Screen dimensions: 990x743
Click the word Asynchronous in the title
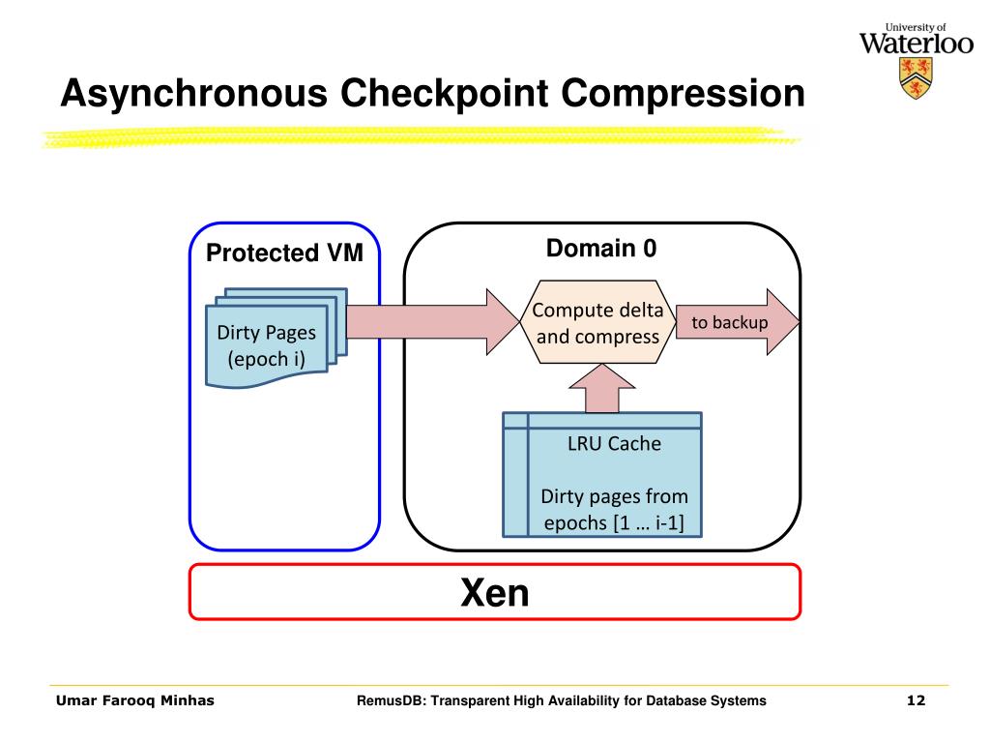(193, 94)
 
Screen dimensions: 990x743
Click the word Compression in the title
(683, 94)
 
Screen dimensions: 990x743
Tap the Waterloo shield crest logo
(916, 77)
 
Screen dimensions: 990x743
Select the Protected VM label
(284, 253)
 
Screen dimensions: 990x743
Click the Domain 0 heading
(601, 249)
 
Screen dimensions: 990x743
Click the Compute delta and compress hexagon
(597, 322)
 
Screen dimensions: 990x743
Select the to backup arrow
(738, 322)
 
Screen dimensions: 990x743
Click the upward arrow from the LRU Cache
(601, 388)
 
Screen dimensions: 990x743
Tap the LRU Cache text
(614, 443)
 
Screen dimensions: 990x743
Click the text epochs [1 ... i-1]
(614, 523)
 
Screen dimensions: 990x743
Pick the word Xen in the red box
(494, 593)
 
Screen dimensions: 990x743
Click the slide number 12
(916, 700)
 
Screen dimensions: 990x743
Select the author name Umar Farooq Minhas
(135, 700)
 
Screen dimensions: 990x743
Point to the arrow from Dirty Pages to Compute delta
(433, 322)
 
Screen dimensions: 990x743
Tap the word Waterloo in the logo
(917, 43)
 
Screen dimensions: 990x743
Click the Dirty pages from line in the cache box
(614, 496)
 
